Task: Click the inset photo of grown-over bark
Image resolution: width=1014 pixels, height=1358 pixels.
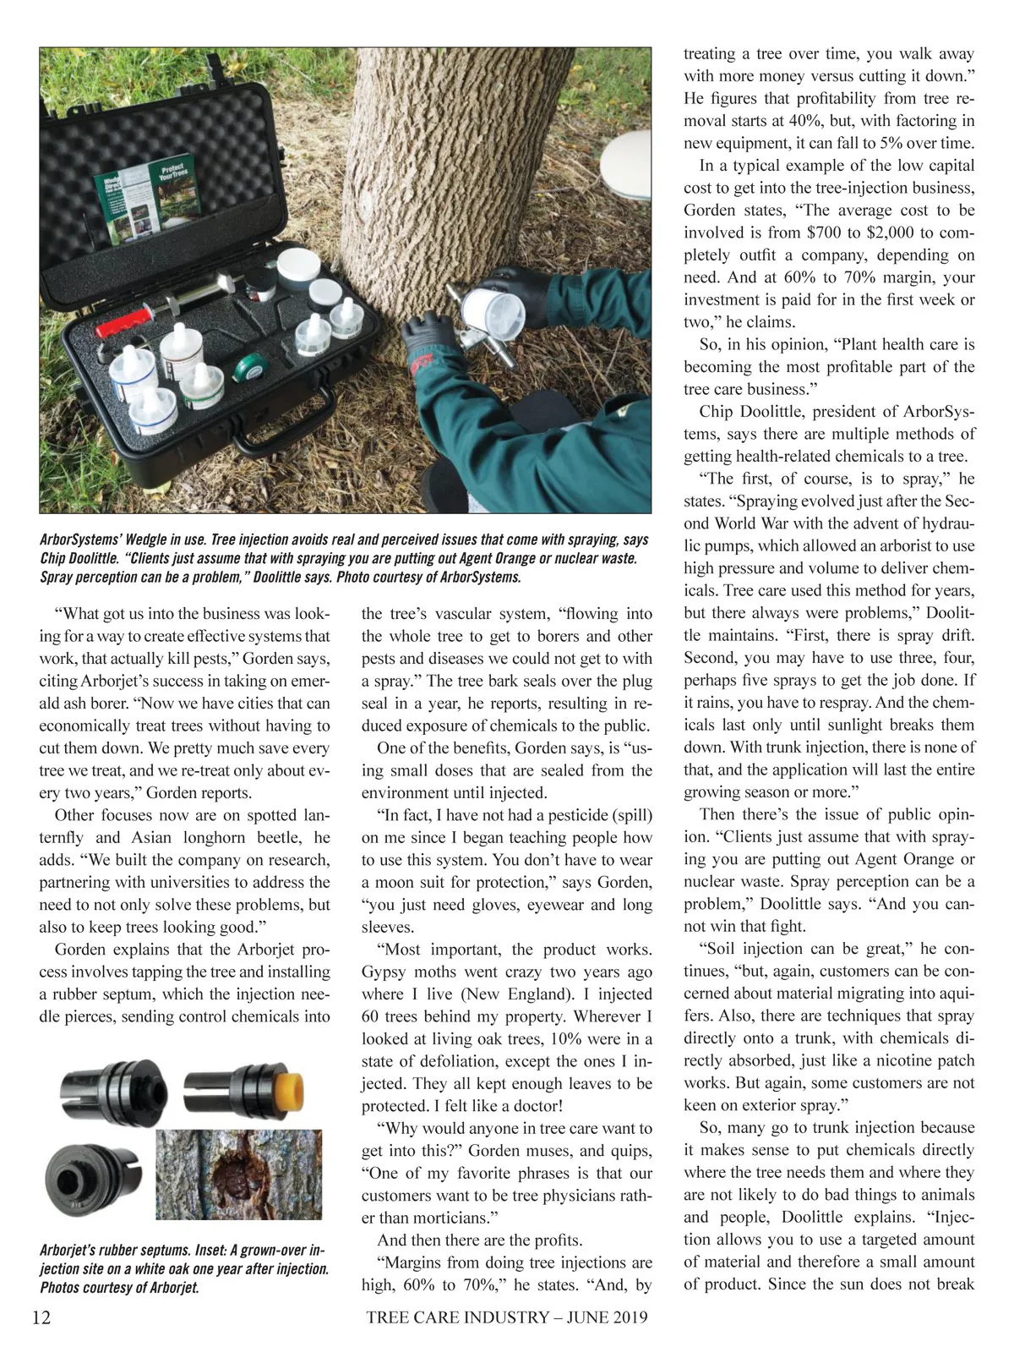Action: point(239,1174)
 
